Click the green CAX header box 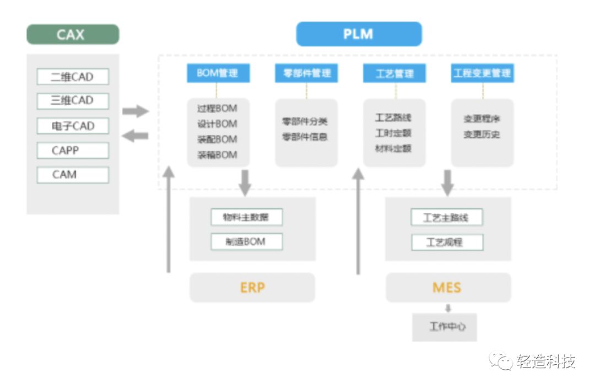(72, 35)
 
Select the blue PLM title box (359, 34)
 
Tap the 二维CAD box (73, 77)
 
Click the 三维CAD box (73, 101)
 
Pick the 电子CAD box (73, 126)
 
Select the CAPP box (73, 150)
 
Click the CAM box (73, 175)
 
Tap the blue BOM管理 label (218, 73)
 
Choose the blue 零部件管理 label (306, 73)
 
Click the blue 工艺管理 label (394, 73)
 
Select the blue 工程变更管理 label (482, 73)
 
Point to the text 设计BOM (217, 124)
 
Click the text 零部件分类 (305, 121)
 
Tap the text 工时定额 (393, 133)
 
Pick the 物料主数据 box (246, 217)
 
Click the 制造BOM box (246, 242)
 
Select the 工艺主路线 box (446, 217)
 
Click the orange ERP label (252, 288)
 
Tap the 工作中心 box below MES (444, 327)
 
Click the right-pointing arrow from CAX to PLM (135, 111)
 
